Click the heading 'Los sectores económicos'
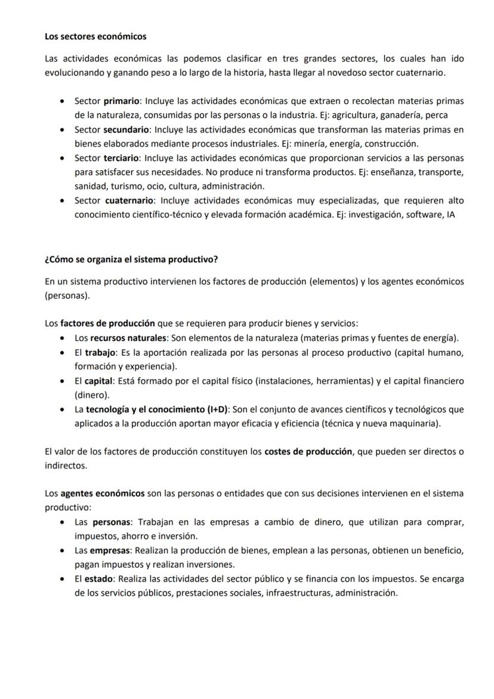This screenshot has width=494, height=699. pyautogui.click(x=95, y=36)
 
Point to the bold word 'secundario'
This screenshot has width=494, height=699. pyautogui.click(x=126, y=130)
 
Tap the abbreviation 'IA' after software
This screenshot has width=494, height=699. pyautogui.click(x=449, y=215)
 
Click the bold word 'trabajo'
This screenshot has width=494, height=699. pyautogui.click(x=100, y=352)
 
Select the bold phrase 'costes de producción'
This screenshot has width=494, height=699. pyautogui.click(x=308, y=452)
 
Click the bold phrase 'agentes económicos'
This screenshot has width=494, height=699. pyautogui.click(x=102, y=494)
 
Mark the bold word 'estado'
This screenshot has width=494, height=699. pyautogui.click(x=98, y=579)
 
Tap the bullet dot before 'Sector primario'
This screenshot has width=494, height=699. pyautogui.click(x=63, y=101)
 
